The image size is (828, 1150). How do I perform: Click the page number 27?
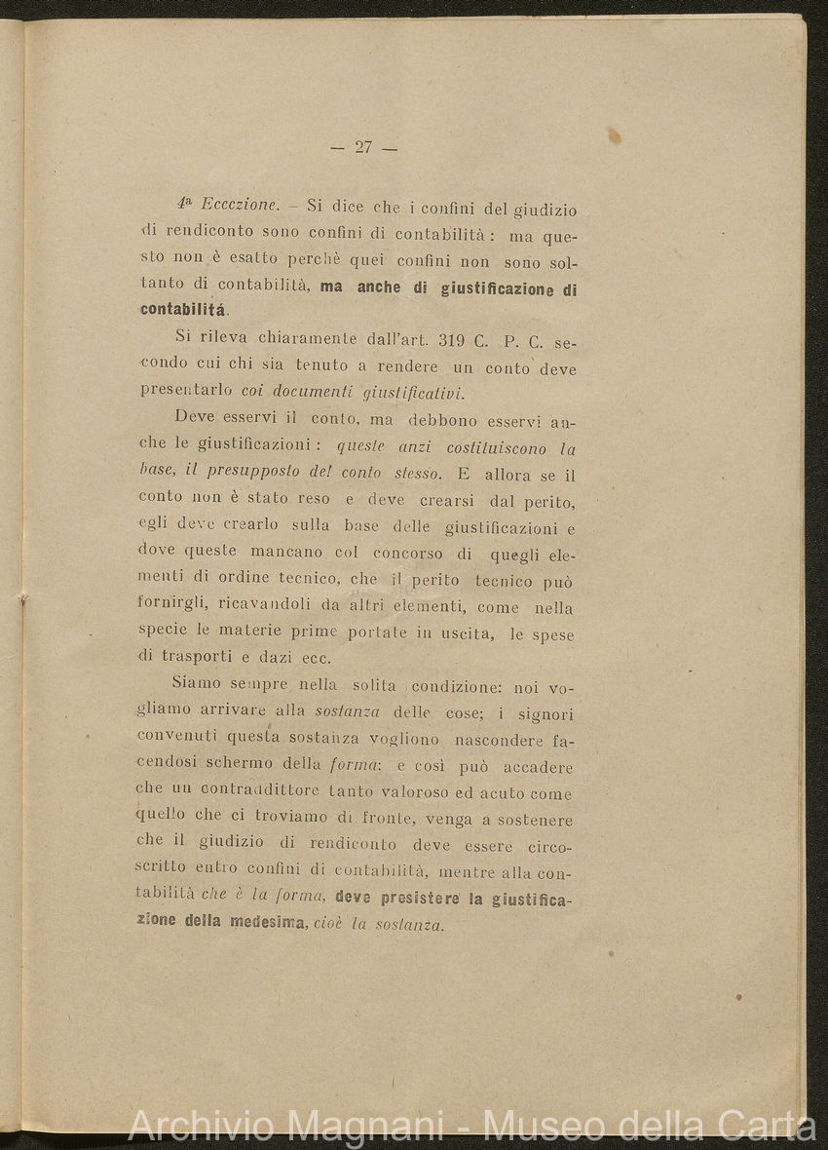point(363,148)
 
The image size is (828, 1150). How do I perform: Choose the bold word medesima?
point(269,922)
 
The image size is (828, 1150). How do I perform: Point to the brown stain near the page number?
point(614,136)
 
